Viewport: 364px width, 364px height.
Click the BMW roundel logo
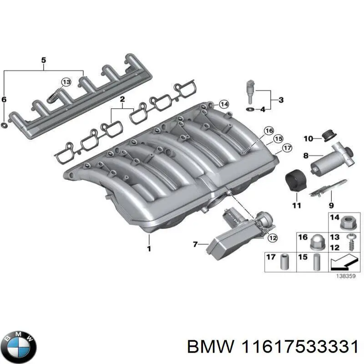tap(19, 344)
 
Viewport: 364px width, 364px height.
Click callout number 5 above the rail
tap(44, 60)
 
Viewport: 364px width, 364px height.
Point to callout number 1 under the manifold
tap(148, 249)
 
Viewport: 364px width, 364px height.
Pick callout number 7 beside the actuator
tap(195, 245)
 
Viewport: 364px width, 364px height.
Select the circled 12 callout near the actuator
tap(272, 237)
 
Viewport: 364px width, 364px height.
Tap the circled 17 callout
tap(287, 148)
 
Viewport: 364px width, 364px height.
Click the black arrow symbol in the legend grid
tap(342, 263)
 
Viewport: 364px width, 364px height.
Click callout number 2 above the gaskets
tap(122, 100)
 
